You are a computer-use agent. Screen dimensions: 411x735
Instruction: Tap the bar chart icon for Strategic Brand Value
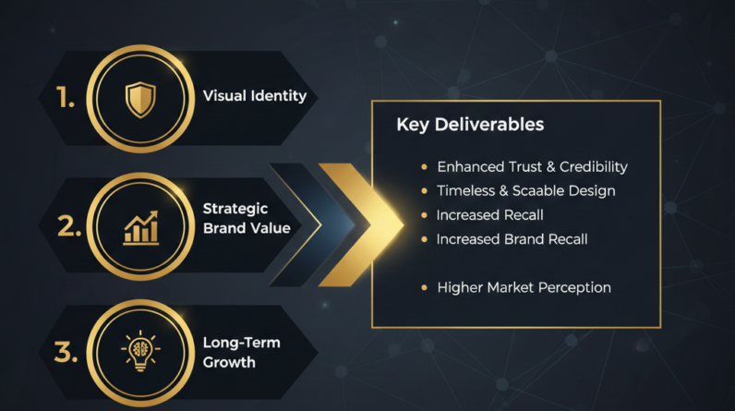139,227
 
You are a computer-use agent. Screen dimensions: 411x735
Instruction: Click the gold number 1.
66,98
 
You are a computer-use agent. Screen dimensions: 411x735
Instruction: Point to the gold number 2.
68,226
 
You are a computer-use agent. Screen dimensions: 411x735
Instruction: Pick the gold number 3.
67,352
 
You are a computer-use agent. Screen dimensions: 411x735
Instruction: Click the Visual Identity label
254,95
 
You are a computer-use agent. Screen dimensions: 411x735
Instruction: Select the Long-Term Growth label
241,352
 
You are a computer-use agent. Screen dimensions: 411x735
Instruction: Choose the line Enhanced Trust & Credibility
532,167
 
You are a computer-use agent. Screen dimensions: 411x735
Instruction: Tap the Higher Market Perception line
524,287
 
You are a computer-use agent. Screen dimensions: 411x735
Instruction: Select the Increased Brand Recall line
512,239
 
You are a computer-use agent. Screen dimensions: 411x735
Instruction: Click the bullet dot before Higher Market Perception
424,287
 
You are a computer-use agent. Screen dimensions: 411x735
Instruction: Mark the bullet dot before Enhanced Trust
424,167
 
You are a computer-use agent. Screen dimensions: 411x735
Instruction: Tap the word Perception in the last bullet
572,287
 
